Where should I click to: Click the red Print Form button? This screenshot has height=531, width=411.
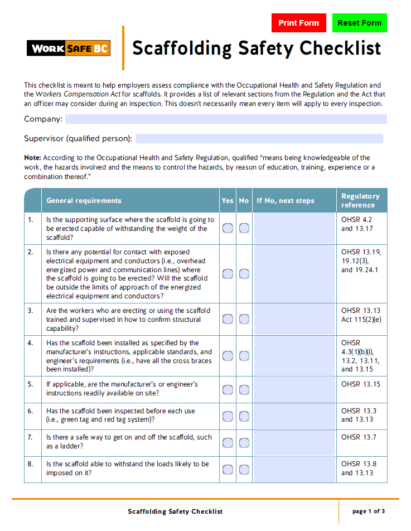pyautogui.click(x=298, y=23)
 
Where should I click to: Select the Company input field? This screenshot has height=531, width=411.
pyautogui.click(x=225, y=119)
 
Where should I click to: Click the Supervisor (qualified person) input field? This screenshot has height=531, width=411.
pyautogui.click(x=259, y=138)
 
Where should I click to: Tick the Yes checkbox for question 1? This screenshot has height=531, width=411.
pyautogui.click(x=228, y=228)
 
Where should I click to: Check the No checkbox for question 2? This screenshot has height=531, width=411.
pyautogui.click(x=244, y=274)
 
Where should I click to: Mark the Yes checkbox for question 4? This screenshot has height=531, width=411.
pyautogui.click(x=228, y=356)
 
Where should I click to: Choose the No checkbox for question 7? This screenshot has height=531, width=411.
pyautogui.click(x=244, y=443)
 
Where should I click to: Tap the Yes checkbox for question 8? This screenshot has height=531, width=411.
pyautogui.click(x=228, y=470)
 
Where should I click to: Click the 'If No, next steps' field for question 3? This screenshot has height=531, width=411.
pyautogui.click(x=294, y=319)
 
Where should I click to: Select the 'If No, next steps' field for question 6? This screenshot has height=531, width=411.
pyautogui.click(x=294, y=416)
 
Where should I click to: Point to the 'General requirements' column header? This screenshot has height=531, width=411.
pyautogui.click(x=84, y=201)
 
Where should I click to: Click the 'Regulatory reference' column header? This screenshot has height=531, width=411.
pyautogui.click(x=360, y=201)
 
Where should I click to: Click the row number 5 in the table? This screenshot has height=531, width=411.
pyautogui.click(x=31, y=384)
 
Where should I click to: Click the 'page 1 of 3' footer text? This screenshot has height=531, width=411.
pyautogui.click(x=369, y=511)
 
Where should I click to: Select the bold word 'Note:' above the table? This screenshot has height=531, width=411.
pyautogui.click(x=32, y=158)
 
